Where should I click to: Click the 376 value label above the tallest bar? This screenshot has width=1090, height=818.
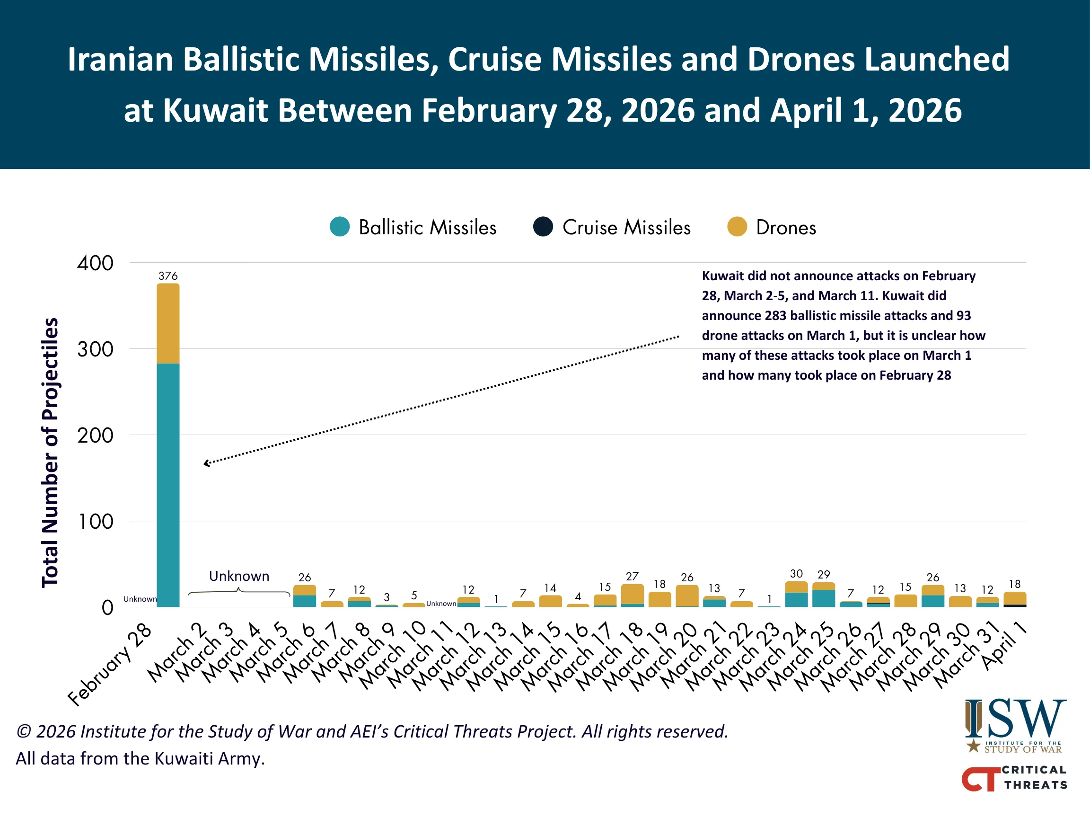coord(168,276)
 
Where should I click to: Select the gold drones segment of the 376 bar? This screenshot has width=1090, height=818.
coord(168,323)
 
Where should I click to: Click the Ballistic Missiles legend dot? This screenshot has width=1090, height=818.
coord(340,227)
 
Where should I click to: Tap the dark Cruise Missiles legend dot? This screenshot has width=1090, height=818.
coord(543,227)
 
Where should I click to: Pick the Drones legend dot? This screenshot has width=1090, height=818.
coord(737,227)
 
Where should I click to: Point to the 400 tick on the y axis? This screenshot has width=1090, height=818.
coord(95,263)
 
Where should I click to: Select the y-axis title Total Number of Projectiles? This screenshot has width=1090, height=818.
coord(50,453)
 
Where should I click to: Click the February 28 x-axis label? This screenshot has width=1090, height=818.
coord(110,664)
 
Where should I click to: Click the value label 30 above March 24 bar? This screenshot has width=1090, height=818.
coord(796,573)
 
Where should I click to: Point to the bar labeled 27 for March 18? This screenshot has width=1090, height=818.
coord(632,596)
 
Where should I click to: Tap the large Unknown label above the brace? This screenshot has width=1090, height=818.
coord(239,576)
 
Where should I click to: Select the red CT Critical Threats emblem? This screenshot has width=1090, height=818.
coord(981,779)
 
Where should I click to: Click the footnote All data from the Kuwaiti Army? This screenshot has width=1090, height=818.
coord(141,758)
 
